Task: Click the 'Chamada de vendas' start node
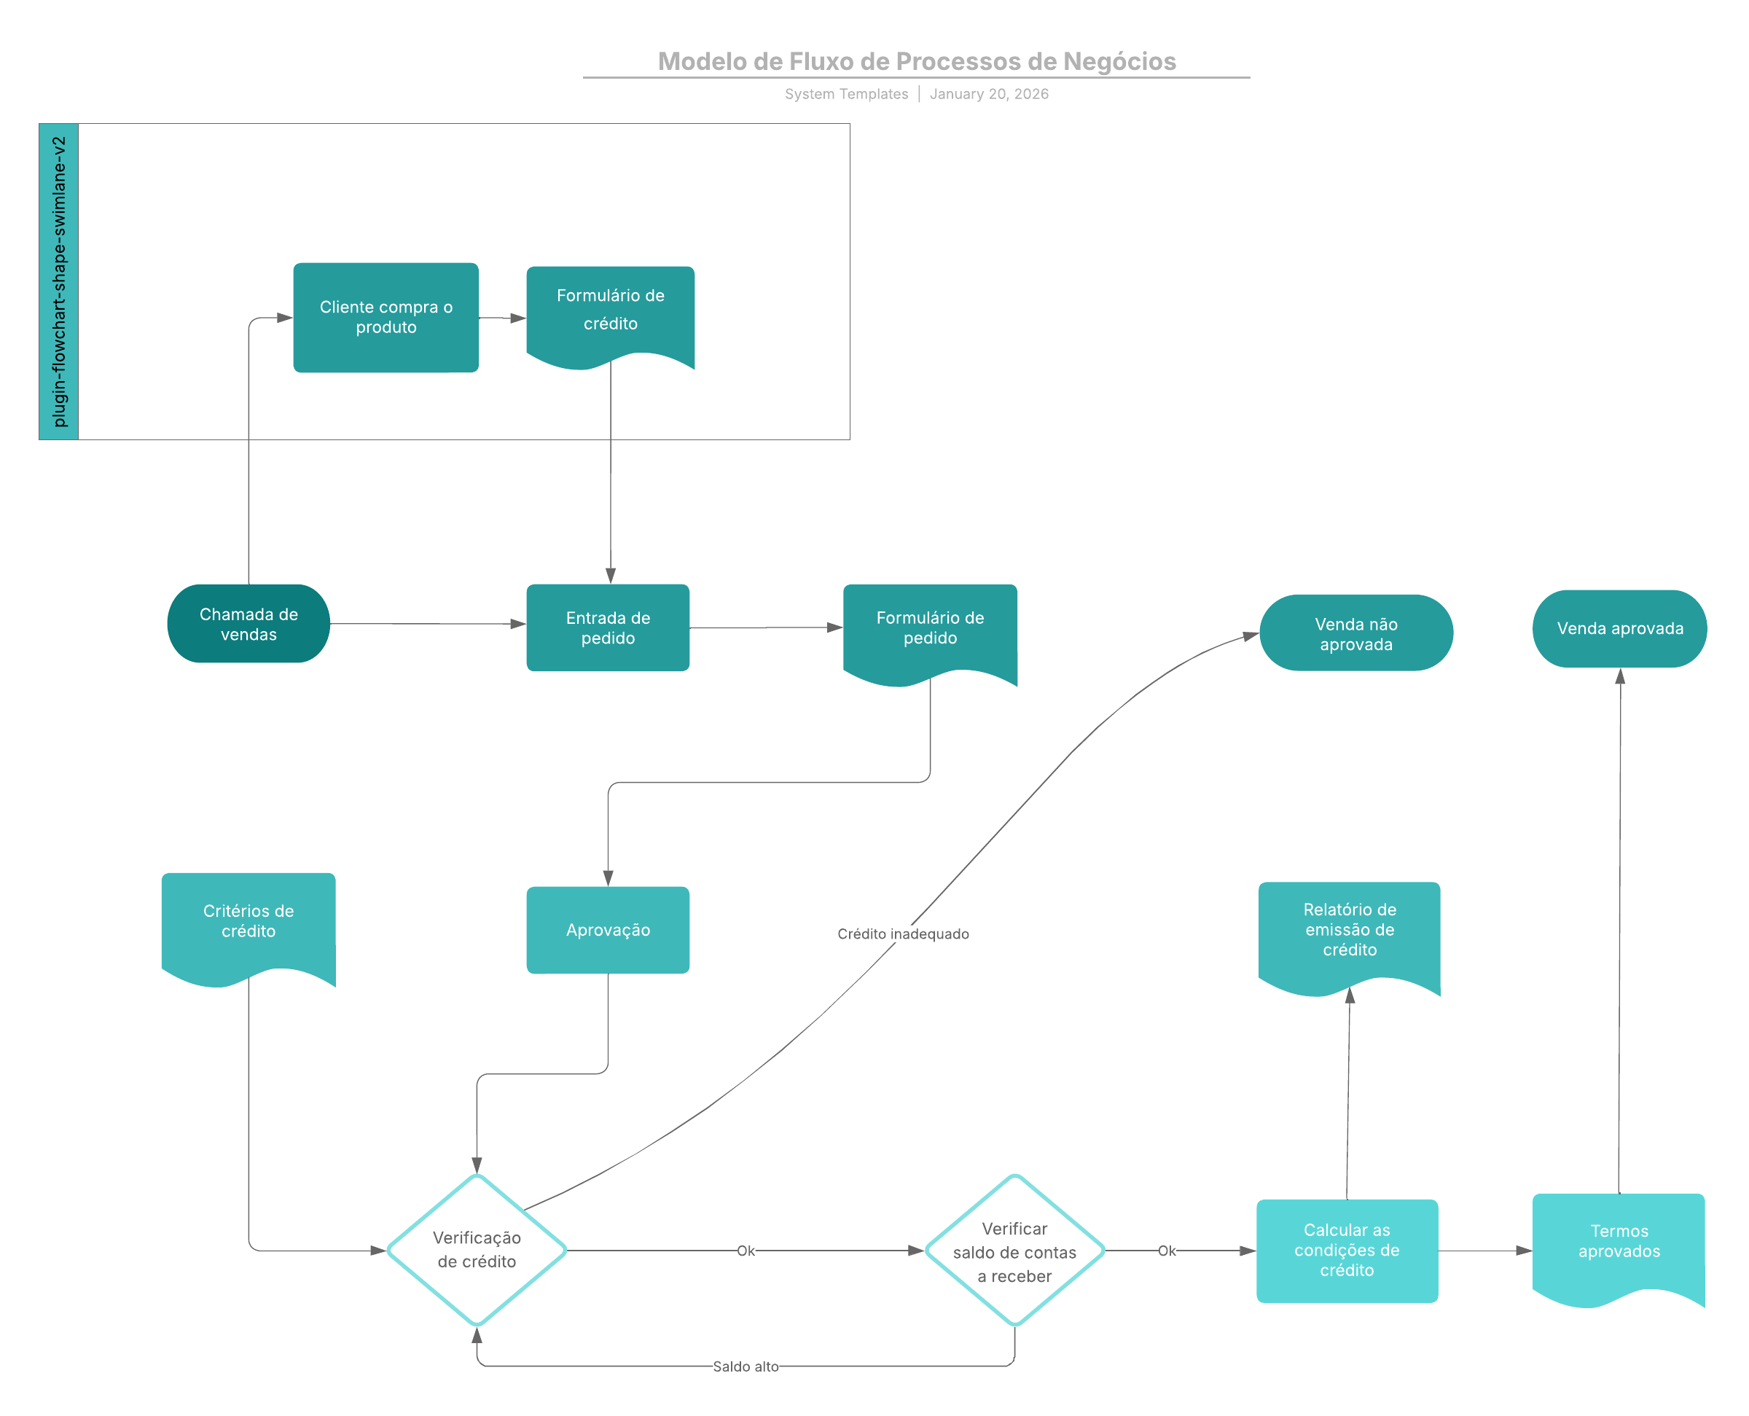pyautogui.click(x=249, y=624)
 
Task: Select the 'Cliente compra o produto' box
pyautogui.click(x=386, y=317)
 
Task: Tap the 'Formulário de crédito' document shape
pyautogui.click(x=610, y=310)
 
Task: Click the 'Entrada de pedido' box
pyautogui.click(x=608, y=628)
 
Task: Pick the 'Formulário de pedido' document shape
pyautogui.click(x=930, y=629)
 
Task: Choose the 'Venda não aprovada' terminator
pyautogui.click(x=1355, y=634)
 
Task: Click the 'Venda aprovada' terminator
pyautogui.click(x=1619, y=629)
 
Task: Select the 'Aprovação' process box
pyautogui.click(x=608, y=930)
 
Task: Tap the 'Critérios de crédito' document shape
pyautogui.click(x=249, y=922)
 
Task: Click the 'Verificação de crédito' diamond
pyautogui.click(x=477, y=1250)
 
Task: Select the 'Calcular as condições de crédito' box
pyautogui.click(x=1346, y=1251)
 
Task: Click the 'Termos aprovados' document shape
pyautogui.click(x=1619, y=1241)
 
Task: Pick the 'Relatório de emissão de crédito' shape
pyautogui.click(x=1349, y=930)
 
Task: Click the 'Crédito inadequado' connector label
pyautogui.click(x=903, y=934)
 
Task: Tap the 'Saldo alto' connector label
pyautogui.click(x=745, y=1366)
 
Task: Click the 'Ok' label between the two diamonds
pyautogui.click(x=746, y=1251)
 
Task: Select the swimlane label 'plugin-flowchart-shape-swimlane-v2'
pyautogui.click(x=59, y=281)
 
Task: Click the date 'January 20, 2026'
pyautogui.click(x=989, y=94)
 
